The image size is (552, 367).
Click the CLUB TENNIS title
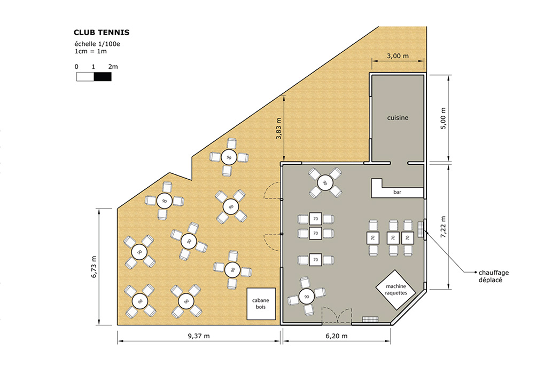[x=102, y=33]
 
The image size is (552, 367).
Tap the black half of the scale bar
[x=103, y=77]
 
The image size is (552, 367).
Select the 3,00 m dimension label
[x=398, y=56]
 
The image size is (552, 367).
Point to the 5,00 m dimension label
[x=443, y=118]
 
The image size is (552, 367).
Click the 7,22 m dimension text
[x=443, y=227]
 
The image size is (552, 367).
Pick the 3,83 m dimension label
[x=279, y=129]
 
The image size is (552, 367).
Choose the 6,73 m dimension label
[x=94, y=267]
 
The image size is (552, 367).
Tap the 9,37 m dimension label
[x=199, y=336]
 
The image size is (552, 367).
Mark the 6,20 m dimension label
[x=337, y=336]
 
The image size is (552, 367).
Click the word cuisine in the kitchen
[x=398, y=118]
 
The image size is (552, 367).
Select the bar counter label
[x=398, y=192]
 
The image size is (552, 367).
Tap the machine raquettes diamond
[x=396, y=290]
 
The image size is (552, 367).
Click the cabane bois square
[x=261, y=304]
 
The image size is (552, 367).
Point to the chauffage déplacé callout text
[x=494, y=276]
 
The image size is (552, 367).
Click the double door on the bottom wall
[x=337, y=316]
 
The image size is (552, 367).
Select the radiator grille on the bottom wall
[x=370, y=320]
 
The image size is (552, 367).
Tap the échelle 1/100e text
[x=97, y=44]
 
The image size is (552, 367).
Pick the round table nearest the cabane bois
[x=232, y=270]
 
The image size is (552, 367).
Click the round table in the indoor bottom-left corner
[x=307, y=297]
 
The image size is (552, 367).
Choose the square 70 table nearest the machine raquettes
[x=408, y=238]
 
